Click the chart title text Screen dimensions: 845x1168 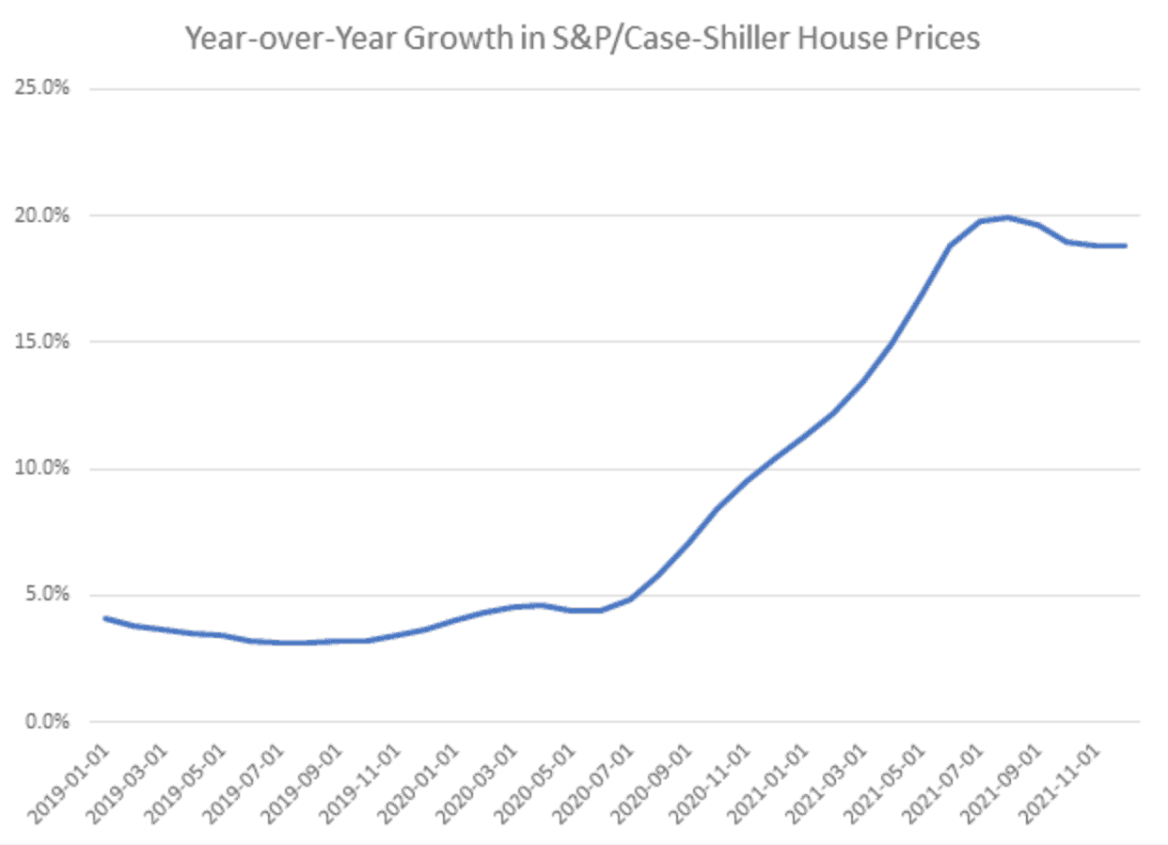point(583,39)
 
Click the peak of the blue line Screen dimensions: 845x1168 point(1008,217)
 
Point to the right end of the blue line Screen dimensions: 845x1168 point(1126,246)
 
